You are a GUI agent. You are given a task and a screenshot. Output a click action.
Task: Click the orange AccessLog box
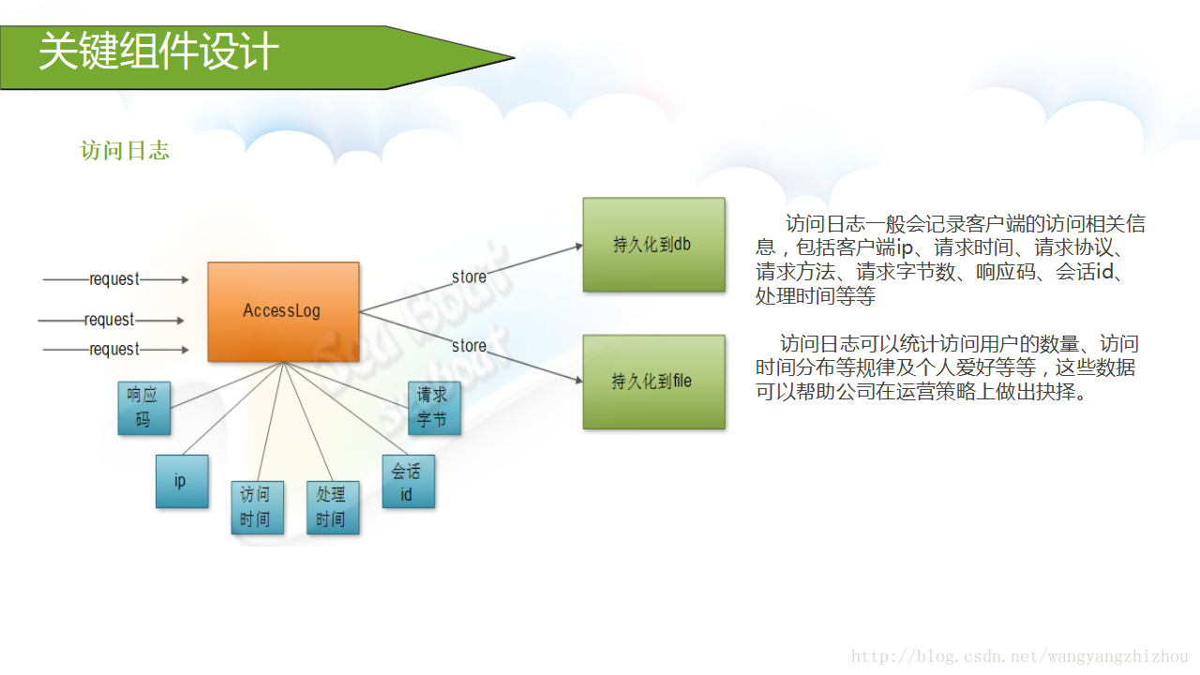tap(283, 311)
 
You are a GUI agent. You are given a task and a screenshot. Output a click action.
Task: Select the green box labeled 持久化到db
tap(653, 245)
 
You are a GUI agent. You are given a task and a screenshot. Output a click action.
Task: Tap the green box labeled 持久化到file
tap(653, 382)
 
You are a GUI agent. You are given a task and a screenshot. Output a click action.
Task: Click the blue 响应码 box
tap(144, 408)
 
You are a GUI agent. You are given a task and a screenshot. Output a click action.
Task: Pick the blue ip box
tap(182, 481)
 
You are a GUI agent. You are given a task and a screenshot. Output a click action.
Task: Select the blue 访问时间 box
tap(257, 507)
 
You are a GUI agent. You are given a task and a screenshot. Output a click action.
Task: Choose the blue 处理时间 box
tap(333, 507)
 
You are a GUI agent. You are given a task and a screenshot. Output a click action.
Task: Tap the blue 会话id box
tap(408, 481)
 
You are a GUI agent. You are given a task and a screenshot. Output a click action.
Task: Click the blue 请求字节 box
tap(434, 408)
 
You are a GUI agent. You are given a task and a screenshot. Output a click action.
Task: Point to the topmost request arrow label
tap(114, 279)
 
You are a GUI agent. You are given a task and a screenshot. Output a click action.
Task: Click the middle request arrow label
tap(110, 320)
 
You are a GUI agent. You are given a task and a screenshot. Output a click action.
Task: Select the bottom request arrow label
tap(114, 350)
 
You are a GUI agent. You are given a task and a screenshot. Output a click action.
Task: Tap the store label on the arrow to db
tap(469, 277)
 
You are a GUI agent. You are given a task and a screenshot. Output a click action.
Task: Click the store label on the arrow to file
tap(469, 346)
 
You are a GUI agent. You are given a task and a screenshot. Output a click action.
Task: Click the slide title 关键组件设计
tap(158, 52)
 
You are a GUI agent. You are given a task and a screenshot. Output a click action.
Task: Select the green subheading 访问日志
tap(125, 151)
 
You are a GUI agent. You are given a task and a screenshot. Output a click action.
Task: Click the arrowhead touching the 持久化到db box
tap(577, 247)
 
